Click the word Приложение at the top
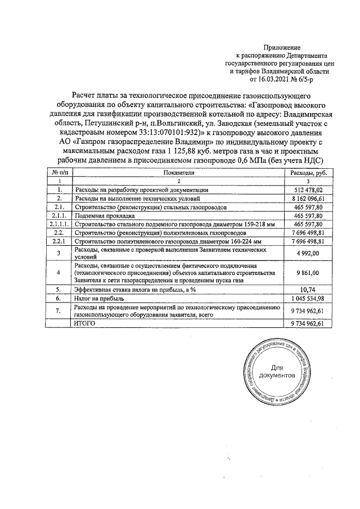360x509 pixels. [x=282, y=48]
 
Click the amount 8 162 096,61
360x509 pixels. [x=308, y=199]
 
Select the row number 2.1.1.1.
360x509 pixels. [x=60, y=224]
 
